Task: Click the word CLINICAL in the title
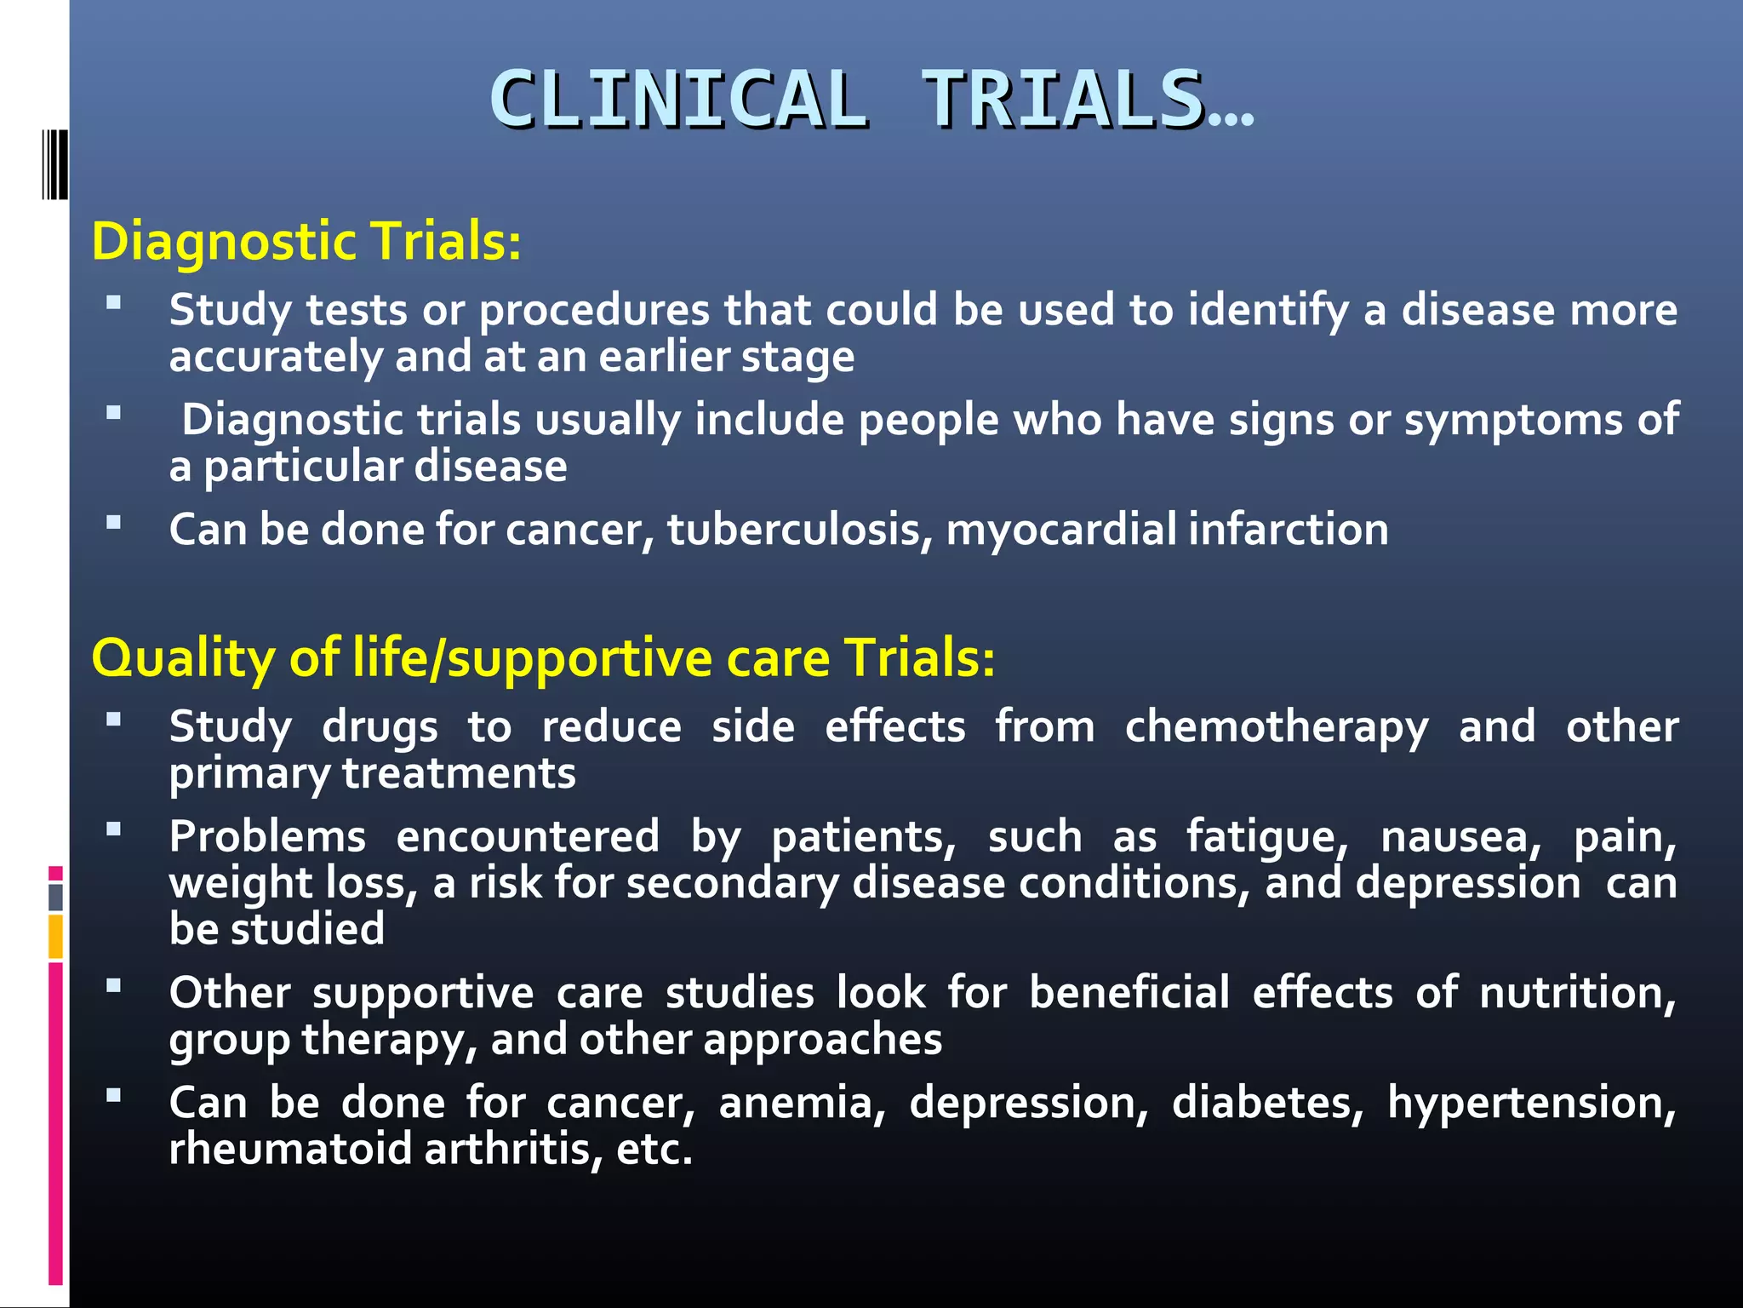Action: click(x=678, y=100)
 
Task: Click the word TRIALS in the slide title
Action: click(x=1063, y=100)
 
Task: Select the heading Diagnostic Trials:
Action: click(x=306, y=241)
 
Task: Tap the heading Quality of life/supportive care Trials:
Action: click(x=543, y=658)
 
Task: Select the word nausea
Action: click(x=1460, y=837)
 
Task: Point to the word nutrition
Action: click(x=1577, y=994)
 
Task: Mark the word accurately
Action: click(x=275, y=357)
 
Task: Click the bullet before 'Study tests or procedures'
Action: click(x=113, y=302)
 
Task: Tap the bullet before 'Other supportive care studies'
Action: click(x=113, y=986)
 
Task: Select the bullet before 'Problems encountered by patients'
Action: click(x=113, y=829)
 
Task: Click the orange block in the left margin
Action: click(x=55, y=936)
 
